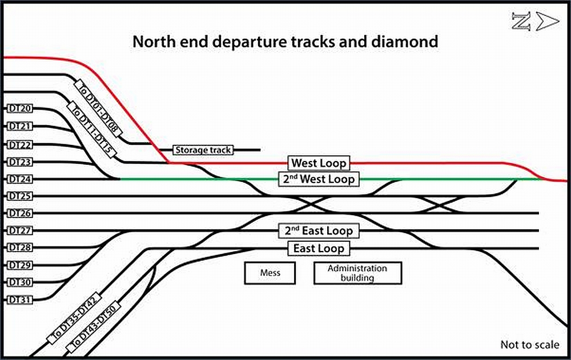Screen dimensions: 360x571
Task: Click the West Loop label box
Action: point(319,163)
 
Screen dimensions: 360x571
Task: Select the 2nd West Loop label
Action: point(319,179)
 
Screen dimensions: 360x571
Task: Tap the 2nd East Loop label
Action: point(319,231)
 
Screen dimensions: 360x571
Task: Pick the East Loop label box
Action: point(319,249)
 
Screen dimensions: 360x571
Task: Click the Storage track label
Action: point(203,150)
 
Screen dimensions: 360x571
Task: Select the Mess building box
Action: point(270,273)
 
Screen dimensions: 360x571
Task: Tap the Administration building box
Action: point(357,273)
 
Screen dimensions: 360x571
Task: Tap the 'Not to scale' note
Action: point(530,344)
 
